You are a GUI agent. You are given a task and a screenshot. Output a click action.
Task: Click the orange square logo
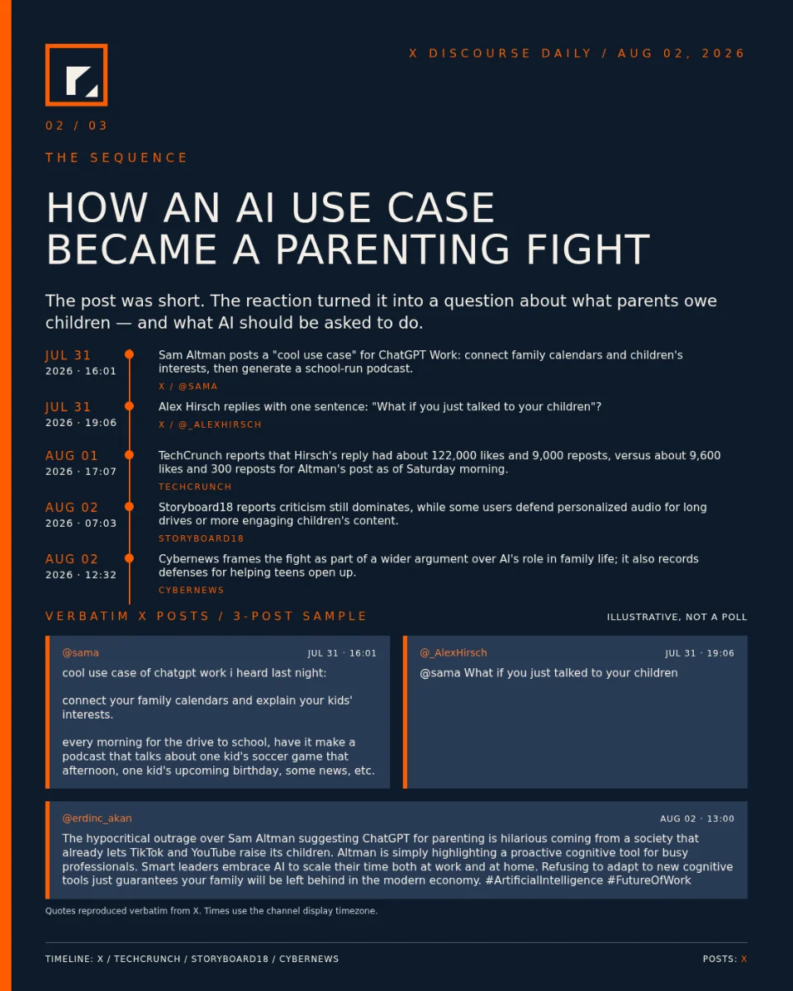(x=77, y=75)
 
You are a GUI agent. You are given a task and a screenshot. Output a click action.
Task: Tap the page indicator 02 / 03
(x=77, y=126)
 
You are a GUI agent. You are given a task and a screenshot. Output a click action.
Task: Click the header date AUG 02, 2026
(x=681, y=54)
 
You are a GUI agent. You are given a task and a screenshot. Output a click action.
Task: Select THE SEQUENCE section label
(x=116, y=158)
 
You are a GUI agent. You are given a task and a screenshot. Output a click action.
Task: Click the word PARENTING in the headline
(x=393, y=249)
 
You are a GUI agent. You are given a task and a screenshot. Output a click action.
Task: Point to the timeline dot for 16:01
(x=130, y=354)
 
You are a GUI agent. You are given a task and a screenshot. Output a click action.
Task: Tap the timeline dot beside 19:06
(x=130, y=405)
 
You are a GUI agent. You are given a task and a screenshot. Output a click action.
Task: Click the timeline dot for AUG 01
(x=130, y=454)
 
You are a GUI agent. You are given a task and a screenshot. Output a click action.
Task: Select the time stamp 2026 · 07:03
(x=81, y=523)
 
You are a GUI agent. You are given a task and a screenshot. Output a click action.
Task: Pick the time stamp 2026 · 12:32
(x=81, y=575)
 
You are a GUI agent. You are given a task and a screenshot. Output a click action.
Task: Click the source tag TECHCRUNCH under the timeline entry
(x=195, y=486)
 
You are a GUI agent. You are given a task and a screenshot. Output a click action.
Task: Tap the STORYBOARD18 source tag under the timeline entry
(x=201, y=538)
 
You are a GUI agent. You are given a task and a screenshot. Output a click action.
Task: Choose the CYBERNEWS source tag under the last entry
(x=191, y=590)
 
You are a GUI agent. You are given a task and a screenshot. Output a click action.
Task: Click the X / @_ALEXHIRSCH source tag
(x=210, y=424)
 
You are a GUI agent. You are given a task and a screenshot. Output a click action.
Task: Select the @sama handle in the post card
(x=81, y=652)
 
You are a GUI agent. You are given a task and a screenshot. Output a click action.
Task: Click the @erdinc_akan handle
(x=97, y=818)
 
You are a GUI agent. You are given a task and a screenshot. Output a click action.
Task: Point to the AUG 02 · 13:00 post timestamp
(x=697, y=818)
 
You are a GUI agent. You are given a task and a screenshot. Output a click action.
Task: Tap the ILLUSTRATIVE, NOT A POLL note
(x=677, y=617)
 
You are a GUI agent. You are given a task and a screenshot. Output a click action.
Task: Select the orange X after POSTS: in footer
(x=743, y=959)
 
